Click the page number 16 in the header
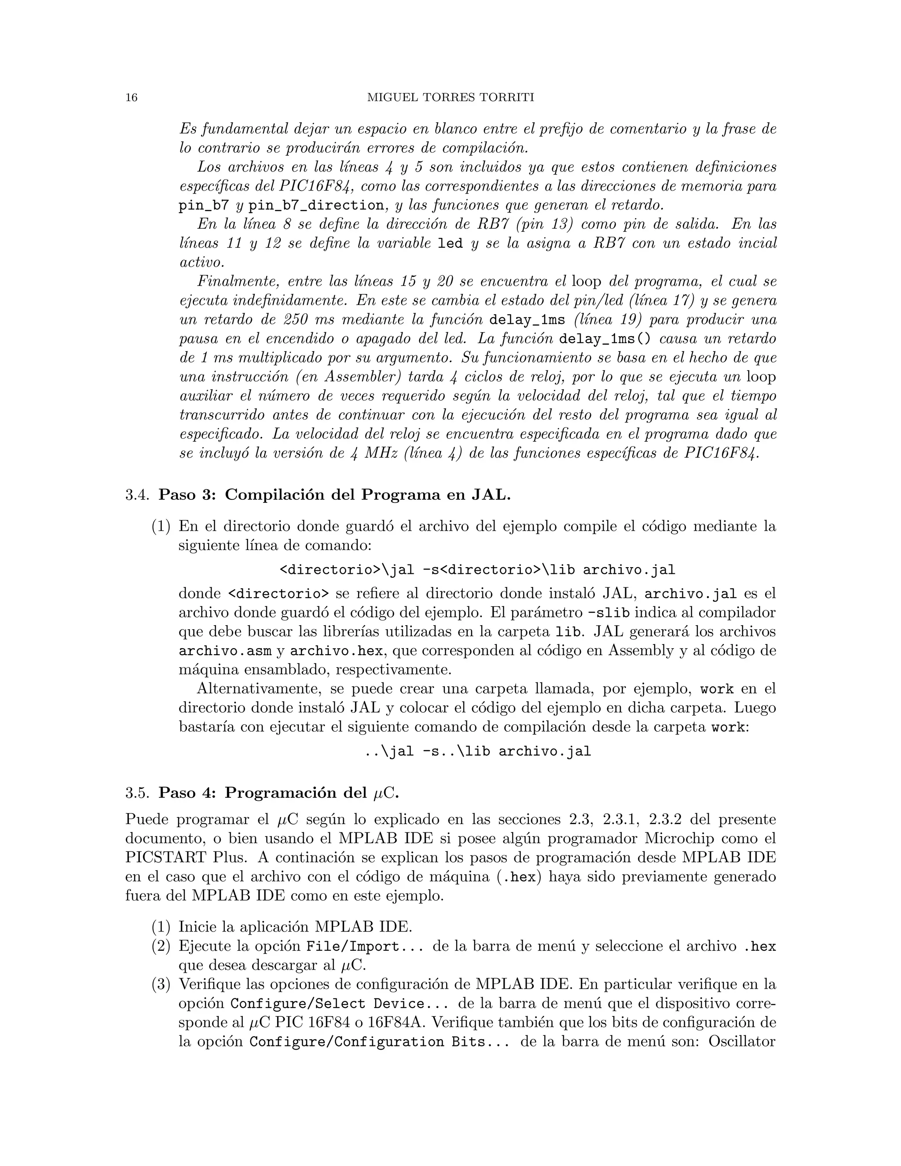coord(131,98)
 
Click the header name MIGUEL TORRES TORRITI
coord(450,98)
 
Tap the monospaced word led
coord(450,244)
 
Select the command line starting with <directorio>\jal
coord(477,570)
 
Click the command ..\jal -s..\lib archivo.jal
coord(477,752)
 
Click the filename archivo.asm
coord(225,651)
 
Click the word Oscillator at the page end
coord(741,1041)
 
